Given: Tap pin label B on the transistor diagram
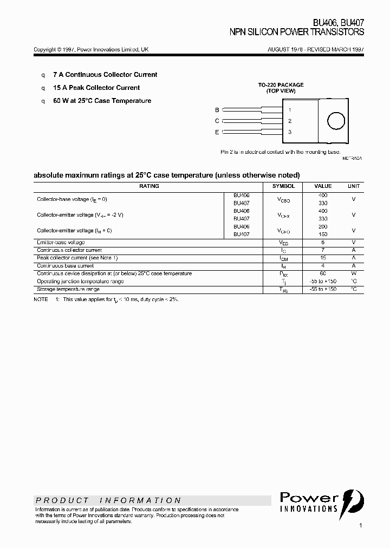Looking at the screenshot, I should click(217, 109).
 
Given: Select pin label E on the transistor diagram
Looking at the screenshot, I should click(217, 132).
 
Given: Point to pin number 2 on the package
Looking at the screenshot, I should click(290, 121).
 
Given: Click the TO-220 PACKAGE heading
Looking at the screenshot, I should click(281, 85).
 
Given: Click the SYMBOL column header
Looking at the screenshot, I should click(284, 186).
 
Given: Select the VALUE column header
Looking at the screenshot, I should click(323, 186).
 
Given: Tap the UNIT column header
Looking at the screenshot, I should click(354, 186).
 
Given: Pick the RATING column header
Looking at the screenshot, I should click(149, 186).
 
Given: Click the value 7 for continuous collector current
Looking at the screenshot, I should click(323, 250).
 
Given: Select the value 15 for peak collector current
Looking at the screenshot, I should click(323, 258).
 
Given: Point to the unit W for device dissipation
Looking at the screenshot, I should click(354, 273).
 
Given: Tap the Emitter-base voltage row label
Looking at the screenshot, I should click(61, 242).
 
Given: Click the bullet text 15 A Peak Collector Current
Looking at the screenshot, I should click(96, 88).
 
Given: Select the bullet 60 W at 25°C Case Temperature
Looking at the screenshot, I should click(102, 101).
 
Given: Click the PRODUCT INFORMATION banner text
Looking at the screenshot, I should click(108, 500).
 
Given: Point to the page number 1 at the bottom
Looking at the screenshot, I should click(360, 526).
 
